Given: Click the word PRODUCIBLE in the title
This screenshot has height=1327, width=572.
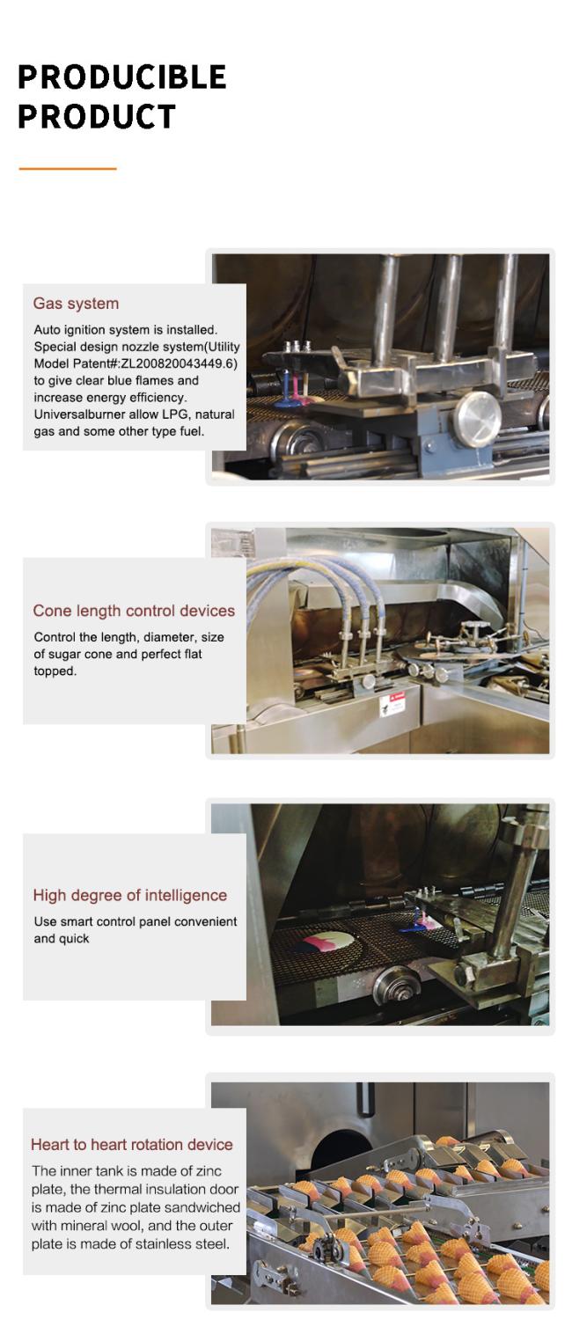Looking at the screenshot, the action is click(x=122, y=77).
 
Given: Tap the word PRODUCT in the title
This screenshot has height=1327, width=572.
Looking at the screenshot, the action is click(x=97, y=116).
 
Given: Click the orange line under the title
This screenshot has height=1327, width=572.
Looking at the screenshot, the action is click(x=68, y=169).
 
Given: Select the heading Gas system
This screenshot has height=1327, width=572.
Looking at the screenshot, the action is click(x=76, y=304).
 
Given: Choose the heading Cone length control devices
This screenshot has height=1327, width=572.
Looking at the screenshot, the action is click(x=134, y=611).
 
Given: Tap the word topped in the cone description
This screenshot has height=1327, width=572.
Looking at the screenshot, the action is click(x=55, y=671).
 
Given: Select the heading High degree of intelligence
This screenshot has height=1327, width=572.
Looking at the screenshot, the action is click(x=130, y=895).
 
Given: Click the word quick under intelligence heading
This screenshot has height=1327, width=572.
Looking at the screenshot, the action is click(x=74, y=938).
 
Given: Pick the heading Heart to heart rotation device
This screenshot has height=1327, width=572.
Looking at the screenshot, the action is click(x=131, y=1144).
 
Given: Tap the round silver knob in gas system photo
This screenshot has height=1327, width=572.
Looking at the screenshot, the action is click(x=478, y=419).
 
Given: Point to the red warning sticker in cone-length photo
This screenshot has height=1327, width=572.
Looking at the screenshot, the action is click(x=392, y=705).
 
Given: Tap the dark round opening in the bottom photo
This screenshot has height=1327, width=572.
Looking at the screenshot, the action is click(x=341, y=1147).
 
